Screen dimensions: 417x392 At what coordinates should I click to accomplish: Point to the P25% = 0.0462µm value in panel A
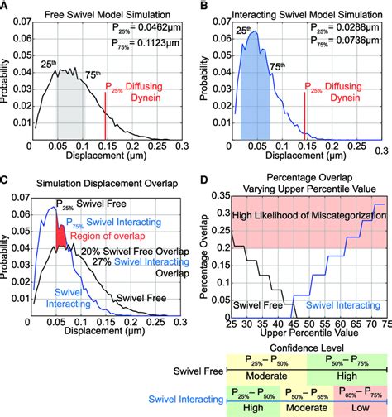(147, 28)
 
